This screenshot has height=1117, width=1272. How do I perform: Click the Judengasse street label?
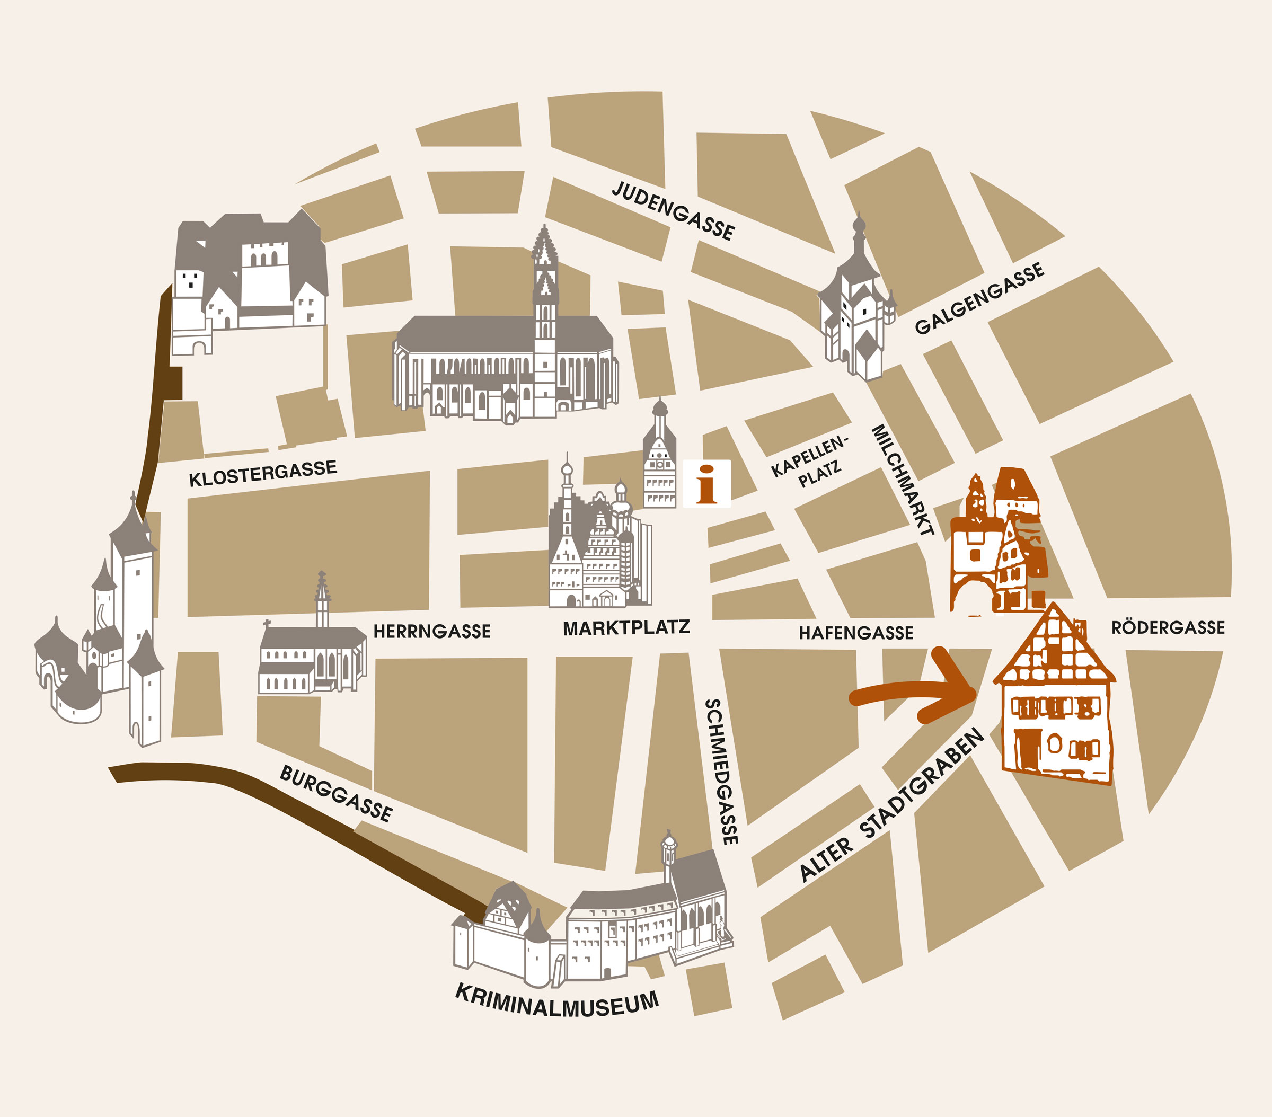pyautogui.click(x=673, y=210)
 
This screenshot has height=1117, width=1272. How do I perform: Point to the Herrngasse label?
pyautogui.click(x=431, y=632)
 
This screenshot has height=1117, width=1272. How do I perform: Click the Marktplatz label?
pyautogui.click(x=626, y=628)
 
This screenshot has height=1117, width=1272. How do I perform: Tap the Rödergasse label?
pyautogui.click(x=1168, y=627)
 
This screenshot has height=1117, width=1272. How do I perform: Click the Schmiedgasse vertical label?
pyautogui.click(x=722, y=772)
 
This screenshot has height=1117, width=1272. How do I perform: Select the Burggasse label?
pyautogui.click(x=336, y=793)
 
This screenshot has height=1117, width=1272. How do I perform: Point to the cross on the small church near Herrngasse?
pyautogui.click(x=267, y=622)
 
